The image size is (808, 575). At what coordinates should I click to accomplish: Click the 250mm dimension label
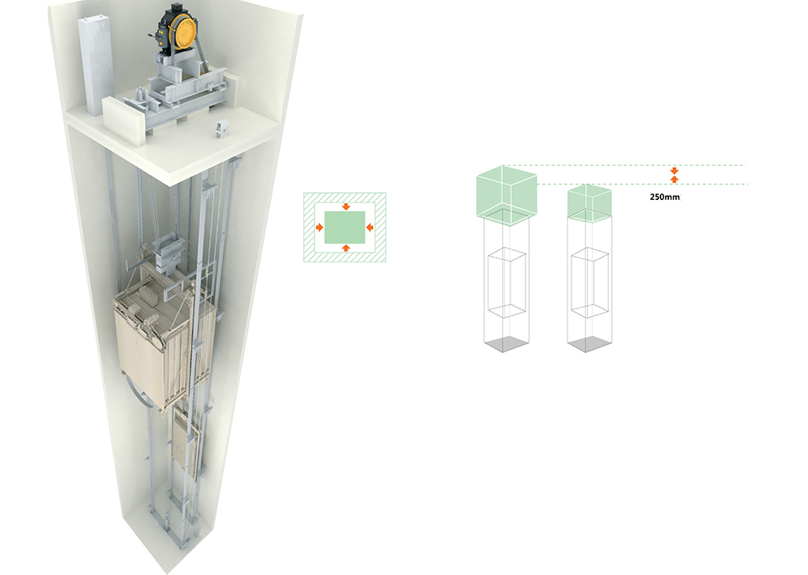click(x=664, y=197)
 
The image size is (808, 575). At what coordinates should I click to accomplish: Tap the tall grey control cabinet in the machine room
click(x=95, y=65)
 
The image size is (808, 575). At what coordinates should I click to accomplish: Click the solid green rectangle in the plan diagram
click(x=345, y=227)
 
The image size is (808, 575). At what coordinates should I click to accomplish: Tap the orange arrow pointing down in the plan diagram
click(x=346, y=206)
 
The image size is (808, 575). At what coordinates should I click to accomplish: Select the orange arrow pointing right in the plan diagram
click(x=319, y=227)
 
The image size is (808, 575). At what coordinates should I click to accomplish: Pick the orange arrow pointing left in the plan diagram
click(x=369, y=227)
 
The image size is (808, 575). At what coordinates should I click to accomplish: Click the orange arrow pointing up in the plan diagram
click(x=346, y=248)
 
